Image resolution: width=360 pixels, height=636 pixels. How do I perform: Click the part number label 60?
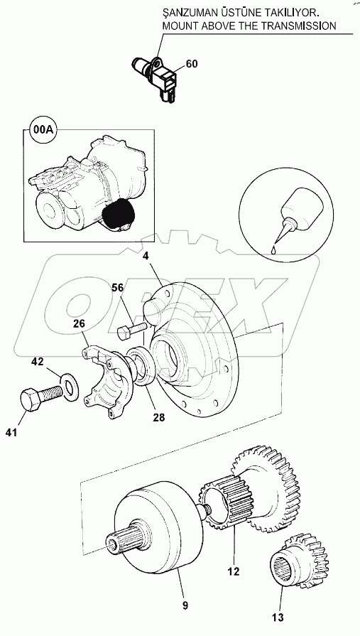pyautogui.click(x=191, y=64)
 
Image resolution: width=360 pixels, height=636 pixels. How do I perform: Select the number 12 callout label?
pyautogui.click(x=233, y=570)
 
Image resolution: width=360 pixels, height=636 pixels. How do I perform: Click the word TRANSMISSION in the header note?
pyautogui.click(x=294, y=26)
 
